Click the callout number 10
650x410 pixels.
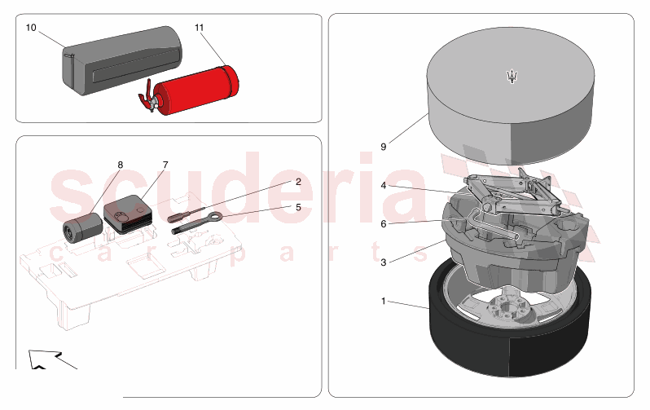click(x=31, y=28)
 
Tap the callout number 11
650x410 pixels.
click(x=200, y=28)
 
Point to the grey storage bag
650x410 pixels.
click(x=122, y=60)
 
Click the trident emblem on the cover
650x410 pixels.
click(x=513, y=77)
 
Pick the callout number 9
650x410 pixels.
click(x=384, y=147)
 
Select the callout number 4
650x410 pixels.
click(x=384, y=185)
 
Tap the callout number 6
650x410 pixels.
click(x=384, y=224)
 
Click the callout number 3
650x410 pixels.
click(x=384, y=262)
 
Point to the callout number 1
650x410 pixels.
click(x=384, y=301)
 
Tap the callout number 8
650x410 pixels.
click(x=121, y=165)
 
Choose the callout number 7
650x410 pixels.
click(x=165, y=165)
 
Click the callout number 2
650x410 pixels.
click(x=298, y=182)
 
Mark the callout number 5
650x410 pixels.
click(x=298, y=207)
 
